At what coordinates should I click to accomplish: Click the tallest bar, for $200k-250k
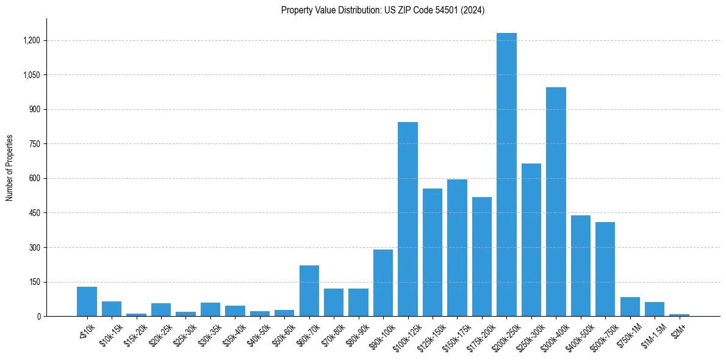coord(506,175)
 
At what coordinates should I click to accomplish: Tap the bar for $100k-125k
coord(408,219)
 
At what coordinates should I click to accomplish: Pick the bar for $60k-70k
coord(309,290)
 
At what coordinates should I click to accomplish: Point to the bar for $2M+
coord(679,315)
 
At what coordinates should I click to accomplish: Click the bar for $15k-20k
coord(136,315)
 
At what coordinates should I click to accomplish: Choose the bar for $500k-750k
coord(605,269)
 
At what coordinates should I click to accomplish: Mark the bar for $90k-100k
coord(383,283)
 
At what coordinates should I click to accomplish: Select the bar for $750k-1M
coord(630,306)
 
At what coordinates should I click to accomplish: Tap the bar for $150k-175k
coord(457,248)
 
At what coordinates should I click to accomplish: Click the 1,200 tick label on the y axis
coord(32,40)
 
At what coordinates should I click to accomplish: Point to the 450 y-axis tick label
coord(35,213)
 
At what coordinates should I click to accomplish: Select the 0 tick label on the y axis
coord(38,317)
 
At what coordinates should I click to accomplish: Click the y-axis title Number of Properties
coord(10,168)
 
